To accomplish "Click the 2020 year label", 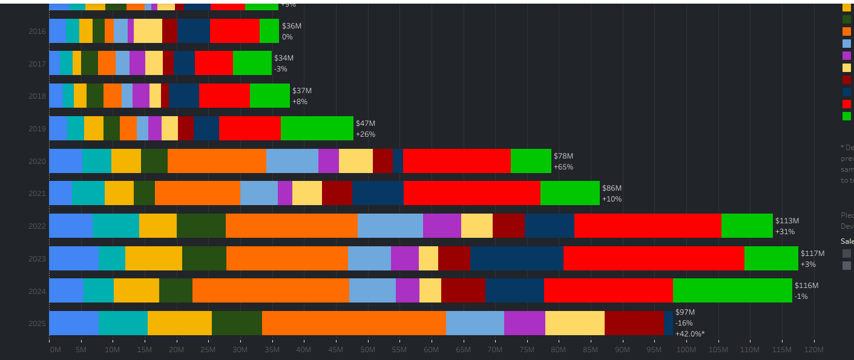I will click(37, 162).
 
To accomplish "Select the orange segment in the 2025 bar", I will click(354, 323).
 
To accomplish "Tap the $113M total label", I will click(787, 221).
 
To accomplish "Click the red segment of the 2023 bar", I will click(654, 258).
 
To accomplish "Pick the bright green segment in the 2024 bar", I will click(732, 290).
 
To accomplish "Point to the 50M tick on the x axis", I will click(367, 350).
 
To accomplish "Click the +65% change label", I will click(563, 167).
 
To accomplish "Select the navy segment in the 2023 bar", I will click(517, 258).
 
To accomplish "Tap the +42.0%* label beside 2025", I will click(690, 334).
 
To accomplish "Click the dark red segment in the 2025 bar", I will click(634, 323).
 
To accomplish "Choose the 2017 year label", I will click(37, 64).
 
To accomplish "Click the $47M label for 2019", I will click(366, 123).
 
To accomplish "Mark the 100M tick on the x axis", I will click(686, 350).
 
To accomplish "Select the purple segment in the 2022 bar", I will click(442, 226).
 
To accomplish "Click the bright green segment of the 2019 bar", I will click(317, 128).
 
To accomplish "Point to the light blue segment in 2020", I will click(292, 161).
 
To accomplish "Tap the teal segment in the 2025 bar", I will click(123, 323).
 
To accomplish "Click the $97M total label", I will click(685, 312).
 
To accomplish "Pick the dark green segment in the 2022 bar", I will click(201, 226).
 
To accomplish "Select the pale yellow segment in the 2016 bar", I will click(148, 31).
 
